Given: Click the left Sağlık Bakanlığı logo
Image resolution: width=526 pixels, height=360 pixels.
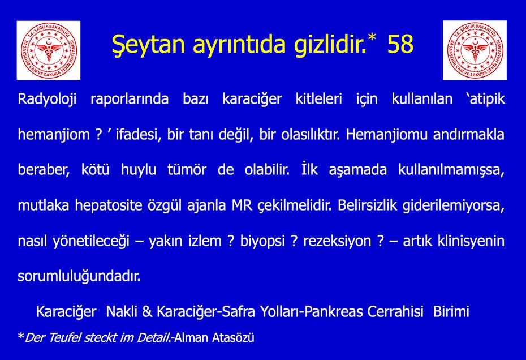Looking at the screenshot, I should click(48, 50).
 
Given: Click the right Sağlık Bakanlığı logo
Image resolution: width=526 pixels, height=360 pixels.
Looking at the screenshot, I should click(475, 50).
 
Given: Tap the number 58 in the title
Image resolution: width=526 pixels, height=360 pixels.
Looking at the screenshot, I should click(400, 45).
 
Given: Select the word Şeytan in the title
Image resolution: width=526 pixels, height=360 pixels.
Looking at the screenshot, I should click(144, 45).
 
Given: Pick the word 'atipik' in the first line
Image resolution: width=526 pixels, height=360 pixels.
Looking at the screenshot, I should click(485, 100).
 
